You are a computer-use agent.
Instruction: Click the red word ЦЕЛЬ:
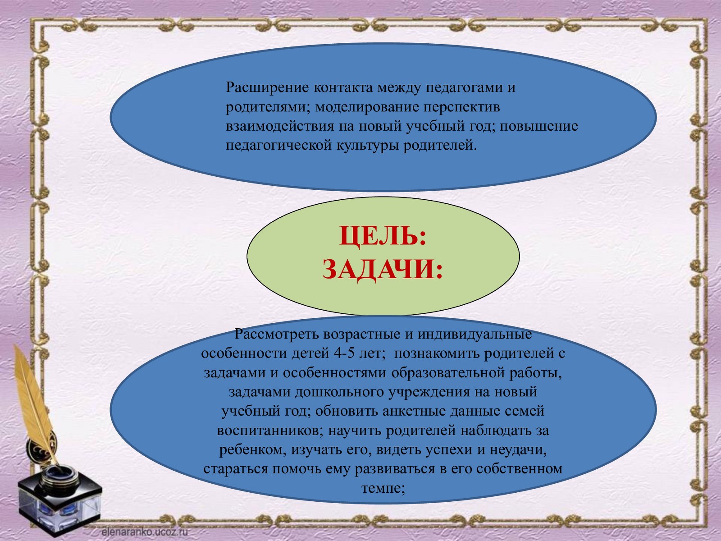pyautogui.click(x=383, y=236)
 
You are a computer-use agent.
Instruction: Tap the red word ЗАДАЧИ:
pyautogui.click(x=383, y=269)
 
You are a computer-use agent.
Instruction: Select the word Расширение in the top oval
pyautogui.click(x=267, y=88)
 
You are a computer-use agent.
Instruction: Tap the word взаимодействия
pyautogui.click(x=280, y=127)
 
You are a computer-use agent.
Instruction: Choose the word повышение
pyautogui.click(x=539, y=127)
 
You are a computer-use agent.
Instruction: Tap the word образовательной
pyautogui.click(x=448, y=373)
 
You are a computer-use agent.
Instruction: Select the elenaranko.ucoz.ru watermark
pyautogui.click(x=145, y=532)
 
